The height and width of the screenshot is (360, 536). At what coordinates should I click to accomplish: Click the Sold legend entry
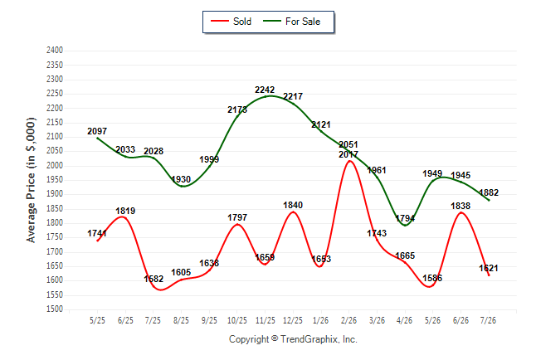tap(231, 22)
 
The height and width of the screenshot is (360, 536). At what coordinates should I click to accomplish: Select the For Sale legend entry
tap(291, 22)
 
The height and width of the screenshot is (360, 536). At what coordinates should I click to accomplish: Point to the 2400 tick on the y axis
tap(55, 51)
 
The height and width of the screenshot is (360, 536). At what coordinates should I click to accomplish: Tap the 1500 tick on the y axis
tap(55, 309)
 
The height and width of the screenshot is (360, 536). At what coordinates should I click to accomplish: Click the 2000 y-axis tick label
tap(55, 165)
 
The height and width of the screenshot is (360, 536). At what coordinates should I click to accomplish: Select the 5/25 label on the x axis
tap(97, 320)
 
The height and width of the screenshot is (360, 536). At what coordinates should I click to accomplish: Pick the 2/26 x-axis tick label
tap(348, 320)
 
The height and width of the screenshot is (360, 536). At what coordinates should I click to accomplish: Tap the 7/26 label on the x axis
tap(488, 320)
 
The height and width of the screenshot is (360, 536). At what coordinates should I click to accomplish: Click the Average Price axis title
tap(31, 180)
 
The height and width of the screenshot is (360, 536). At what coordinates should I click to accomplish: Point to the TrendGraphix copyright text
tap(293, 339)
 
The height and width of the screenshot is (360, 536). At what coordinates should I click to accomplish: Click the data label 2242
tap(265, 90)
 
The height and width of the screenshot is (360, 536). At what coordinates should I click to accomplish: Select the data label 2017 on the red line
tap(348, 154)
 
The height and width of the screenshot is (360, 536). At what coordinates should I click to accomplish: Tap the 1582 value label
tap(153, 279)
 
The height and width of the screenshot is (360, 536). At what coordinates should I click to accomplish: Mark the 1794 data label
tap(405, 218)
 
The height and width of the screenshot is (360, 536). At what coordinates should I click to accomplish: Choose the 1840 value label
tap(293, 205)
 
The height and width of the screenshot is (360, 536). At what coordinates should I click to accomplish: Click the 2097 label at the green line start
tap(97, 131)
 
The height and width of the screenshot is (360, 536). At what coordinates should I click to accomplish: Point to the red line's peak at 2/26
tap(349, 161)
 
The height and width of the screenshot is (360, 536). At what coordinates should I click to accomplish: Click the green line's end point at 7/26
tap(489, 201)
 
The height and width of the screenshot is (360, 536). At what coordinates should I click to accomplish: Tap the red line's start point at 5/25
tap(97, 241)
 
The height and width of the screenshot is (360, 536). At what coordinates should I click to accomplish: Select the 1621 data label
tap(489, 268)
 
